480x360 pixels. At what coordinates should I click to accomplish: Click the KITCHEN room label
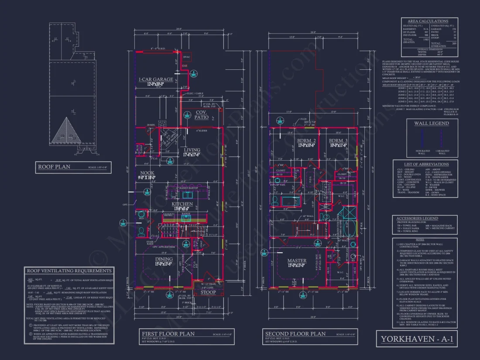[x=182, y=204]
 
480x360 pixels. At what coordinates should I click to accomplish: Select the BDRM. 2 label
[x=307, y=141]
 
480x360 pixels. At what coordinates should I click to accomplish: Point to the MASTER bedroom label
[x=297, y=261]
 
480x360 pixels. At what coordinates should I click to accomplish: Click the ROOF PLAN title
[x=54, y=167]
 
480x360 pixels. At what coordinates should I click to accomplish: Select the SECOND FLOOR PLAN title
[x=295, y=334]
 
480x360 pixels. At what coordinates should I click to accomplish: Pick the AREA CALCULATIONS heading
[x=428, y=21]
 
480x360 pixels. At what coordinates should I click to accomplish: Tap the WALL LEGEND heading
[x=431, y=123]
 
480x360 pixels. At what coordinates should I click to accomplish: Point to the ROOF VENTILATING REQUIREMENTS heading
[x=69, y=271]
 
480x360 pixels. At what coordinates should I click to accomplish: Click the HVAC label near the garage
[x=186, y=57]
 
